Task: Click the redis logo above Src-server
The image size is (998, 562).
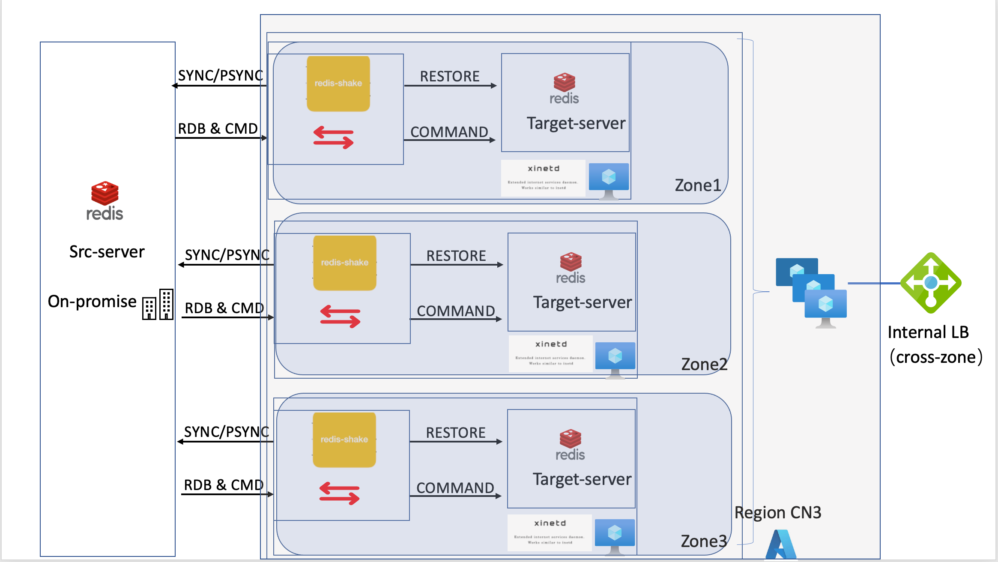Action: tap(105, 200)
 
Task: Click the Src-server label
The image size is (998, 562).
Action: tap(107, 252)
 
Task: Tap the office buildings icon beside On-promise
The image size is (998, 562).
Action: tap(158, 304)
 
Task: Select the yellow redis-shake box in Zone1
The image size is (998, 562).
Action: tap(338, 84)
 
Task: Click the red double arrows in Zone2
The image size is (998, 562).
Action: tap(340, 317)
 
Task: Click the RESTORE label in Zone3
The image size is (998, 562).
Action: tap(456, 433)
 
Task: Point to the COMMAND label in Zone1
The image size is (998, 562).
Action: tap(449, 132)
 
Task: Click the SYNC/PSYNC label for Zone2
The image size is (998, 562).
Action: tap(227, 255)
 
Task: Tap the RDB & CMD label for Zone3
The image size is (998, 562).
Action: tap(224, 485)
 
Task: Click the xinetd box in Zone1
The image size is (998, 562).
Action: tap(543, 178)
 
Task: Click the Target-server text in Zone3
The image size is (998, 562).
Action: tap(582, 479)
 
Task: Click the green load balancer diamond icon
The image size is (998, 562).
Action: tap(931, 283)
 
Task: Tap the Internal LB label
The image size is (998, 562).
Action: tap(928, 332)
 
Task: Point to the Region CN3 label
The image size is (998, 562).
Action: tap(778, 513)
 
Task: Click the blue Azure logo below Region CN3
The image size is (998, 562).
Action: tap(781, 545)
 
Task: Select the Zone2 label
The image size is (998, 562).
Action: tap(704, 365)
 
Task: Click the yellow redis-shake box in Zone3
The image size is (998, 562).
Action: tap(344, 439)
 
